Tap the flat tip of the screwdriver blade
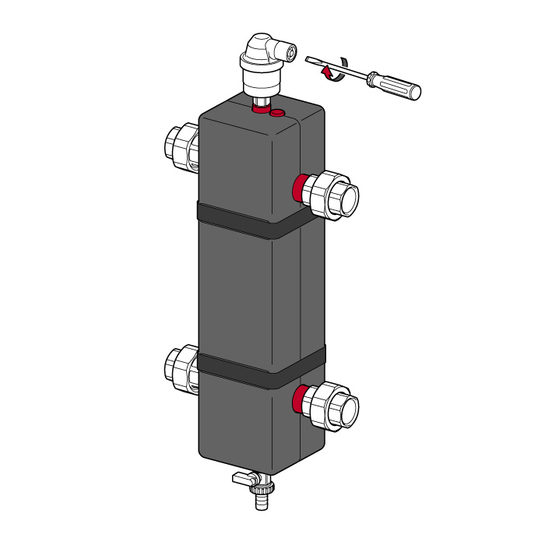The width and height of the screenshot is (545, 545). pyautogui.click(x=311, y=60)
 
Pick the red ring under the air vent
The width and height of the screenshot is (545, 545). pyautogui.click(x=261, y=111)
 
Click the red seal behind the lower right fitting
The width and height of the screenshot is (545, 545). pyautogui.click(x=298, y=399)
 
